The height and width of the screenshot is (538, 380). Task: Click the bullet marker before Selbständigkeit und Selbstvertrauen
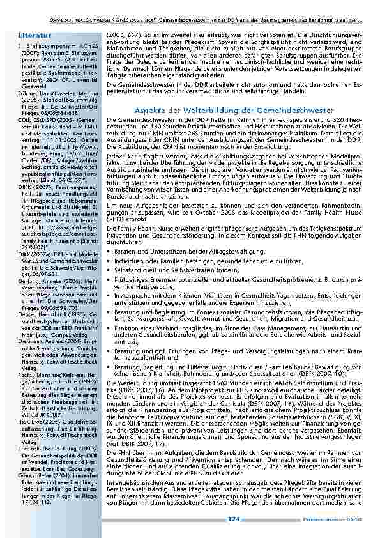pyautogui.click(x=109, y=254)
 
